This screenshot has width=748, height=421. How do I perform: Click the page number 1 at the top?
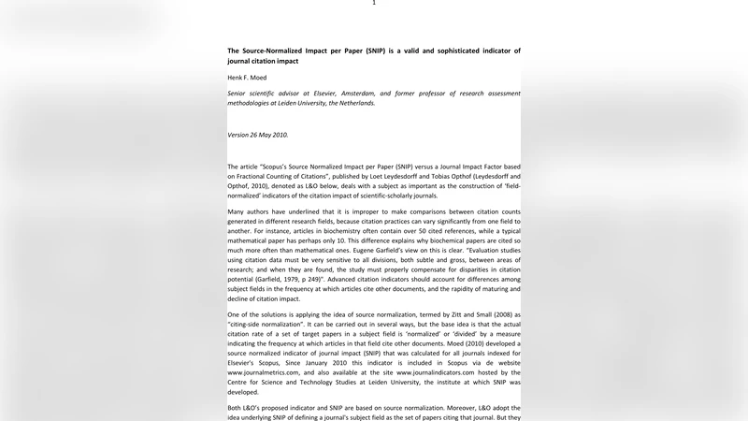point(374,3)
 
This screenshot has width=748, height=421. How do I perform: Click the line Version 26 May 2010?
point(258,135)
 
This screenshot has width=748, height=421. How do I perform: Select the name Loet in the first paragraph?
point(380,175)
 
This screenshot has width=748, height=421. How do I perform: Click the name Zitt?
point(445,314)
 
